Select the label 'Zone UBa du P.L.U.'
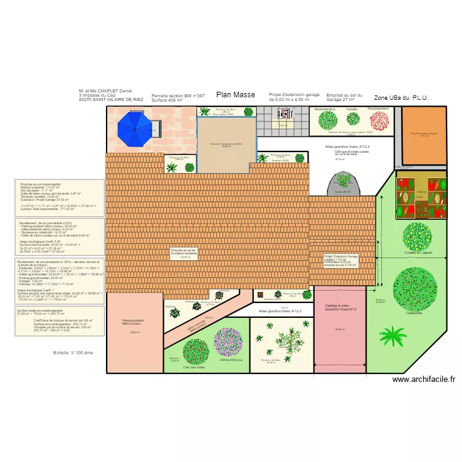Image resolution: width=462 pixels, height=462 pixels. [401, 97]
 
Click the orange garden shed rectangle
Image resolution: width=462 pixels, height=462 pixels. [424, 136]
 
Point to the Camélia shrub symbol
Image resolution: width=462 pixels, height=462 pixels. [352, 120]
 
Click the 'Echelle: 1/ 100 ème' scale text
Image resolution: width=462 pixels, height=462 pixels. [73, 370]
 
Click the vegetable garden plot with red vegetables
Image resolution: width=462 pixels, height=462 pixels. [421, 197]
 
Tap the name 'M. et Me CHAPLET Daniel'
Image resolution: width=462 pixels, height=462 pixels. [105, 91]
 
